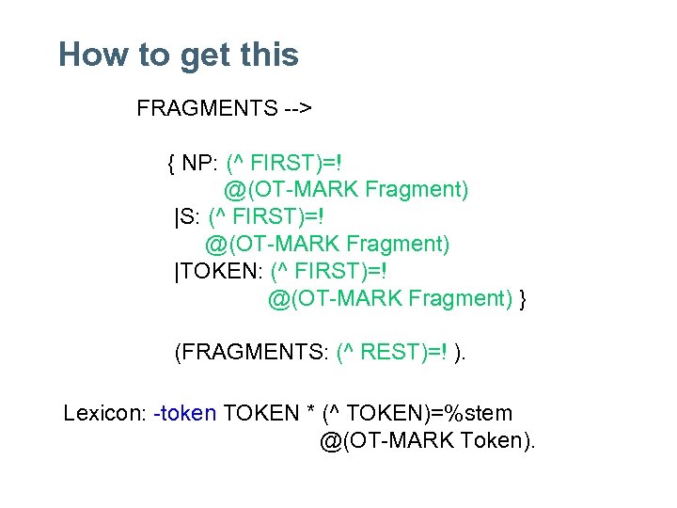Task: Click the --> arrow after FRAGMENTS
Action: tap(298, 108)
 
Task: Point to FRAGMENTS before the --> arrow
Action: tap(207, 108)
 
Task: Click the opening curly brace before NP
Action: tap(171, 164)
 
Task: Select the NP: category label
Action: tap(200, 164)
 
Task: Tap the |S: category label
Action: tap(187, 218)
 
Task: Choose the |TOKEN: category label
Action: tap(219, 273)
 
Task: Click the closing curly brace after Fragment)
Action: tap(523, 299)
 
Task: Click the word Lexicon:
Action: tap(103, 413)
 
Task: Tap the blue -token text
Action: tap(184, 413)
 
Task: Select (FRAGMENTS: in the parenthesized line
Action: tap(251, 354)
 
